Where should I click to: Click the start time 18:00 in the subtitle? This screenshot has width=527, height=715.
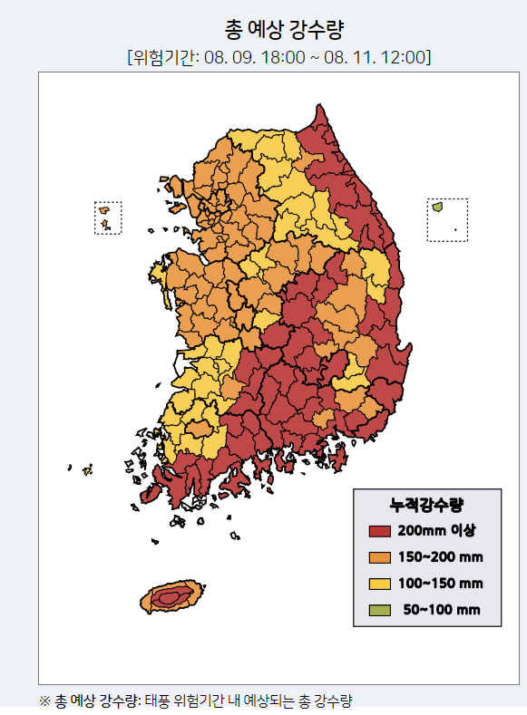(x=294, y=57)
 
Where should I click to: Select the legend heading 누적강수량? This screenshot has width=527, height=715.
(x=426, y=504)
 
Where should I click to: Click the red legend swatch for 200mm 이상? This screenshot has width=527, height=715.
(x=380, y=530)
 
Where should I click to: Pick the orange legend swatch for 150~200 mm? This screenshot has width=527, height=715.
(x=380, y=556)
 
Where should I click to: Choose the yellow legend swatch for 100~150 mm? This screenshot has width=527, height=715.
(x=380, y=583)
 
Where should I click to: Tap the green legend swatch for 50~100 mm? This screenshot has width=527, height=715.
(x=380, y=609)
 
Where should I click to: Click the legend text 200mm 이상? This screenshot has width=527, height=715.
(x=437, y=530)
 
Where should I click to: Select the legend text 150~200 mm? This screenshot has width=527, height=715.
(x=440, y=556)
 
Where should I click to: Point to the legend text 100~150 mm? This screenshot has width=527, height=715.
(x=440, y=583)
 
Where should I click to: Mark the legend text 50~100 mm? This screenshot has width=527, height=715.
(x=441, y=609)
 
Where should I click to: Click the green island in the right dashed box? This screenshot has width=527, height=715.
(x=437, y=207)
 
